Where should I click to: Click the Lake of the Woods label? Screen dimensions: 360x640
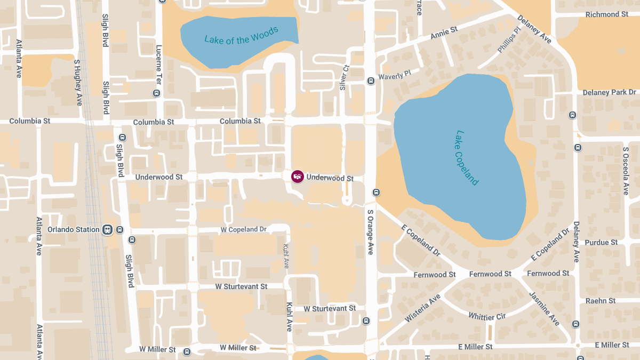click(x=241, y=36)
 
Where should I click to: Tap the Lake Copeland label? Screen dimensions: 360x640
click(x=467, y=158)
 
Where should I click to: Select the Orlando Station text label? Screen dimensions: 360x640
click(x=74, y=229)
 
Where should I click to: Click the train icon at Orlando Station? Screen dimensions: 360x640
click(x=107, y=229)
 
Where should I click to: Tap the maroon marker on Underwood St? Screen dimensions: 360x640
click(x=297, y=176)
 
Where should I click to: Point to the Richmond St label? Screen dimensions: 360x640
click(x=606, y=14)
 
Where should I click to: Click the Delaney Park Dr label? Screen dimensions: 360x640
click(x=610, y=92)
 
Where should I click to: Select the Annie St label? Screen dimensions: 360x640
click(x=444, y=33)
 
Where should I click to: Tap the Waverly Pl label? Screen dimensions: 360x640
click(x=395, y=76)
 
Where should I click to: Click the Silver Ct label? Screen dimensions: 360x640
click(x=344, y=78)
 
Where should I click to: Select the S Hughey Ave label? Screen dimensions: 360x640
click(x=78, y=82)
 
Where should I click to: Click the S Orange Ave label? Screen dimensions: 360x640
click(x=370, y=231)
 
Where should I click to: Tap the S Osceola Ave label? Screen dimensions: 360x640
click(x=626, y=171)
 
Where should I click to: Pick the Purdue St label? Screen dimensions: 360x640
click(x=601, y=242)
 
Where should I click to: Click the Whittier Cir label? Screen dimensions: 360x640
click(x=486, y=316)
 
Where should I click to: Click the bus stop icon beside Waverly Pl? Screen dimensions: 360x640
click(x=371, y=81)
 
